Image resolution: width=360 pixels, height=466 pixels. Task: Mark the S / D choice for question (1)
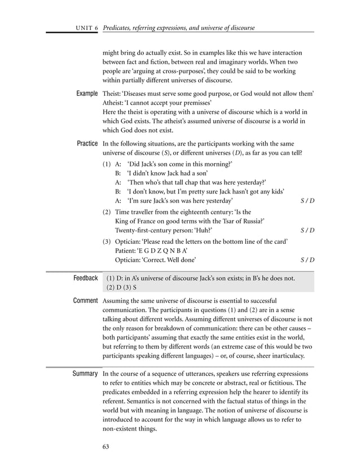(x=308, y=201)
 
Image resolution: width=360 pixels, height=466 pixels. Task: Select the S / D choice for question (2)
(x=308, y=230)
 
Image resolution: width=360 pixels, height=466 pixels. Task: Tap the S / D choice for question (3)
(x=308, y=260)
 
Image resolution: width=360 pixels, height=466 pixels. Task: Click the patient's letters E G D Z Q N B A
(x=167, y=250)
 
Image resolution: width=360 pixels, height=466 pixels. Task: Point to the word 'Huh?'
(x=203, y=230)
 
